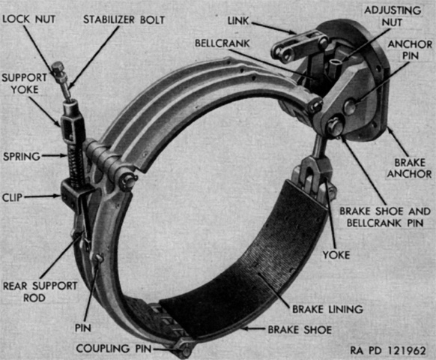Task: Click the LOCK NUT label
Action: [29, 19]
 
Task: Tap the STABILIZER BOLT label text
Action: [124, 19]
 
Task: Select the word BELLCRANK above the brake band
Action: [222, 43]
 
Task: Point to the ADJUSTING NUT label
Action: [393, 16]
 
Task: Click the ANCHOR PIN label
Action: [410, 49]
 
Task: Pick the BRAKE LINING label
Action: [327, 309]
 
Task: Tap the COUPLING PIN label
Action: [114, 348]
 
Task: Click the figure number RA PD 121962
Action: [388, 350]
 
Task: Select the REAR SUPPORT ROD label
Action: [40, 292]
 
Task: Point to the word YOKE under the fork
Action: [336, 255]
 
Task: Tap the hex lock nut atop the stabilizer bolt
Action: [58, 70]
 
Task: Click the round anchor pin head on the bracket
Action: [350, 106]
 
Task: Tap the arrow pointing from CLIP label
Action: [42, 196]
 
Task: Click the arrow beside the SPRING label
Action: [54, 156]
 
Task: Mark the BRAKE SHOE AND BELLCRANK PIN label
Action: [385, 217]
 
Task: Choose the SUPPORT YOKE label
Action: [25, 83]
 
